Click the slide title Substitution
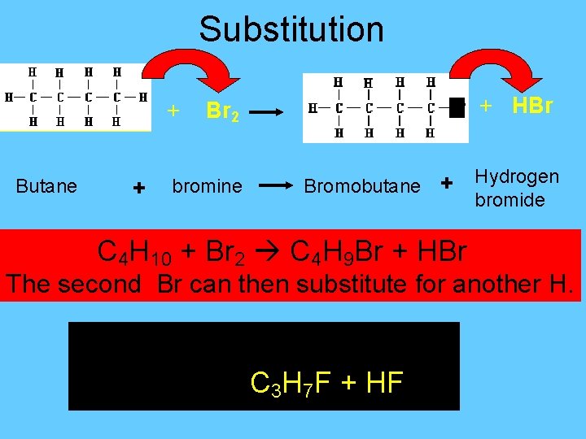click(291, 29)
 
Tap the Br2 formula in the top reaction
click(222, 112)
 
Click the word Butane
click(46, 186)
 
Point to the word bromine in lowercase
click(207, 186)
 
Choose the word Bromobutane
click(361, 186)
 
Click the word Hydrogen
click(517, 176)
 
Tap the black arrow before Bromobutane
click(276, 186)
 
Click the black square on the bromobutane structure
click(457, 107)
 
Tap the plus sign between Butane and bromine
click(138, 189)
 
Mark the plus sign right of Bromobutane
click(446, 185)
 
